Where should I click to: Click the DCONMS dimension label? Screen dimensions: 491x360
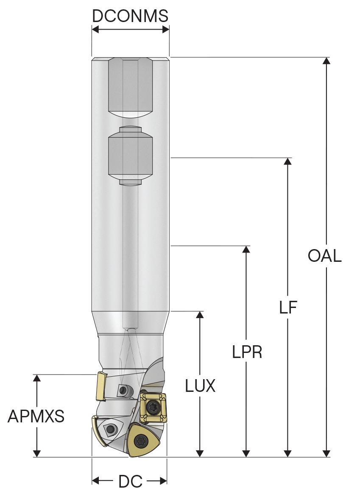(130, 16)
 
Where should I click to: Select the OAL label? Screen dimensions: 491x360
(325, 256)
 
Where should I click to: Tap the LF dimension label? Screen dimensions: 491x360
(288, 308)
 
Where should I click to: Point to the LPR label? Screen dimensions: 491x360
(247, 352)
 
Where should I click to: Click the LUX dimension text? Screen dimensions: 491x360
(201, 386)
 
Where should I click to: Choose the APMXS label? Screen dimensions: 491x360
(36, 417)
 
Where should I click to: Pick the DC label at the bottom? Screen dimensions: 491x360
(130, 481)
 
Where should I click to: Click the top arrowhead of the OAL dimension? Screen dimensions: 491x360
(326, 60)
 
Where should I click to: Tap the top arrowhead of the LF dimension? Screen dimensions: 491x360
(288, 161)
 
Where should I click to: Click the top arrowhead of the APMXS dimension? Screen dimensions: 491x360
(37, 378)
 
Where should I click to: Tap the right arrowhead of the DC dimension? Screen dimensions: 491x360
(163, 481)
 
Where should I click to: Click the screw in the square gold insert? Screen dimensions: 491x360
(153, 408)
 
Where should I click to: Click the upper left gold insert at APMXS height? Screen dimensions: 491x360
(101, 386)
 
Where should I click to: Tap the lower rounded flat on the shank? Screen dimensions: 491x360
(130, 157)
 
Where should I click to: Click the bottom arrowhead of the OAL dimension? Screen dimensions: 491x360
(326, 454)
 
